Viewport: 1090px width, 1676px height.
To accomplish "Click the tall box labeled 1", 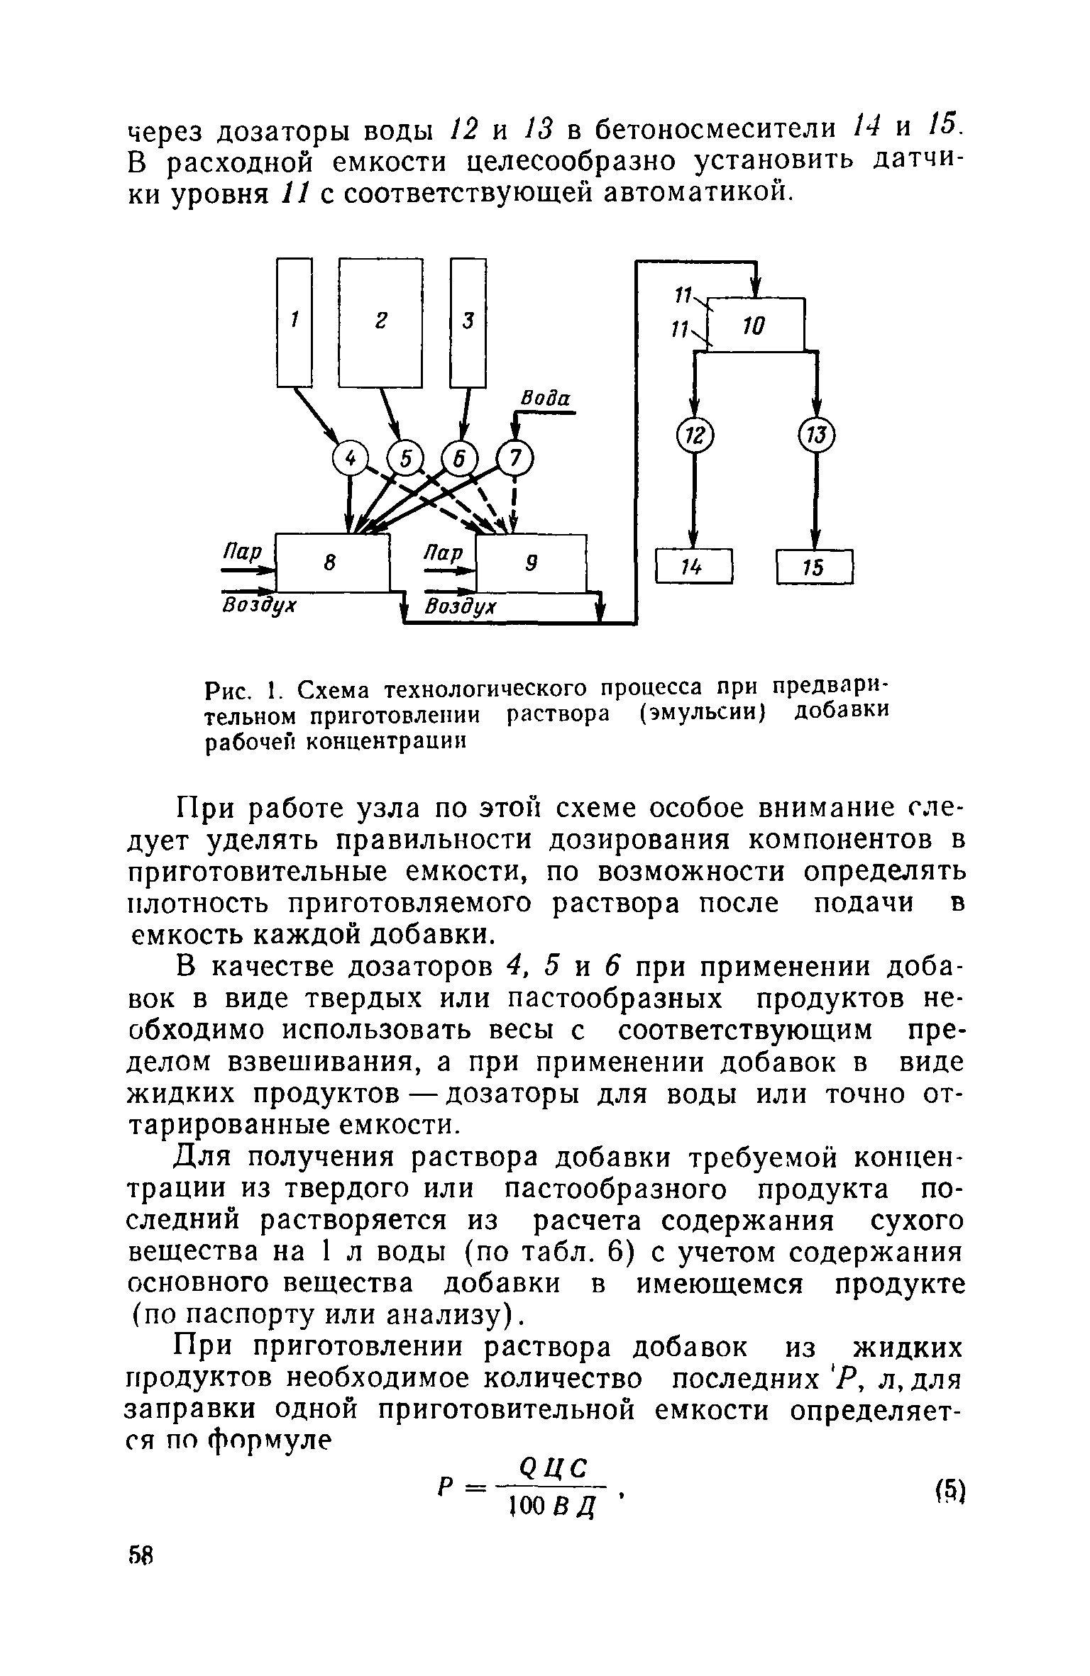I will pyautogui.click(x=294, y=322).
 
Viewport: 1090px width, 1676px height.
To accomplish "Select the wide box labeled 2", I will pyautogui.click(x=380, y=322).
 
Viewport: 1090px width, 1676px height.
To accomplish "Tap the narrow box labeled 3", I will pyautogui.click(x=468, y=322).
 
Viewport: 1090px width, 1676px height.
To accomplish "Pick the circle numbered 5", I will pyautogui.click(x=405, y=460).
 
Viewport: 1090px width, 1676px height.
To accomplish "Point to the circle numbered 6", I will pyautogui.click(x=459, y=460).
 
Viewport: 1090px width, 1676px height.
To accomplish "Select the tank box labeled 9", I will pyautogui.click(x=532, y=563).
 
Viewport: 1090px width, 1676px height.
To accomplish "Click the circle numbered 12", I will pyautogui.click(x=695, y=434).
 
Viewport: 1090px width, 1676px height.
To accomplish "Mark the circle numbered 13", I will pyautogui.click(x=817, y=434).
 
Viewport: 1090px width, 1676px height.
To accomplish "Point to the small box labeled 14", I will pyautogui.click(x=693, y=566).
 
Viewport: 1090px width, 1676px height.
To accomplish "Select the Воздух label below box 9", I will pyautogui.click(x=461, y=608).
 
